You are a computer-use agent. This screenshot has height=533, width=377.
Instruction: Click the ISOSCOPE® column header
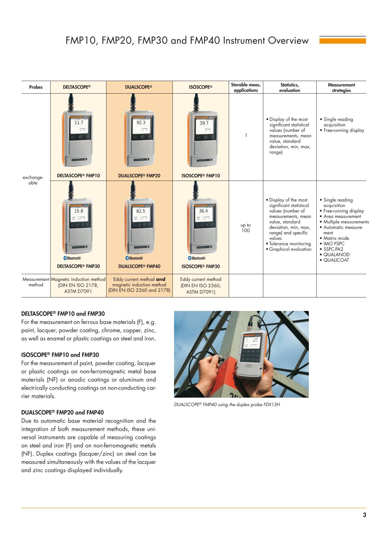coord(200,87)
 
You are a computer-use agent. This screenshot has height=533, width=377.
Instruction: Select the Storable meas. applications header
coord(246,88)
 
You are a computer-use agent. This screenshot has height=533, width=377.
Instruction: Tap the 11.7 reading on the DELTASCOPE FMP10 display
coord(79,123)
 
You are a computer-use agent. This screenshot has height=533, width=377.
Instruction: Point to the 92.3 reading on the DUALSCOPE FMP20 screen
coord(141,123)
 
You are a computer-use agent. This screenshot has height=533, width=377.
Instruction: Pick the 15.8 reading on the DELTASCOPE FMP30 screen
coord(79,211)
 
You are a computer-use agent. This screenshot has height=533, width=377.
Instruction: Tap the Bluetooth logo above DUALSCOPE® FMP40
coord(134,258)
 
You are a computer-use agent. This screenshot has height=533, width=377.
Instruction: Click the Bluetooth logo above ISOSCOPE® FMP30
coord(197,258)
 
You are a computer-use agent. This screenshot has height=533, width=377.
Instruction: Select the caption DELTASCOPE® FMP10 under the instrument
coord(78,176)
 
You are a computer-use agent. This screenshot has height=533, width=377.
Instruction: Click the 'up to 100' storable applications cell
coord(246,228)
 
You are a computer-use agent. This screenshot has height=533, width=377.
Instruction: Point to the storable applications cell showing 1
coord(246,135)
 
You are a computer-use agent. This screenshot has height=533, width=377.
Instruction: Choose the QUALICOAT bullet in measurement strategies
coord(336,260)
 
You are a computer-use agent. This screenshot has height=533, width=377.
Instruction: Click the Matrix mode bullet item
coord(336,238)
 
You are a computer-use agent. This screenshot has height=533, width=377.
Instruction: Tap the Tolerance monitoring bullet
coord(290,244)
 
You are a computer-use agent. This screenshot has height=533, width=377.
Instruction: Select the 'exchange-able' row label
coord(33,180)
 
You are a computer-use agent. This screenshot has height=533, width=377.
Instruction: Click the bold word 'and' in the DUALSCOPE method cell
coord(161,279)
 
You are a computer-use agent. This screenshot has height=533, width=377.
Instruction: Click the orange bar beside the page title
coord(342,41)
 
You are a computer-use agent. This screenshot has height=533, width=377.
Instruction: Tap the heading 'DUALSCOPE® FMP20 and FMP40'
coord(63,412)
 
